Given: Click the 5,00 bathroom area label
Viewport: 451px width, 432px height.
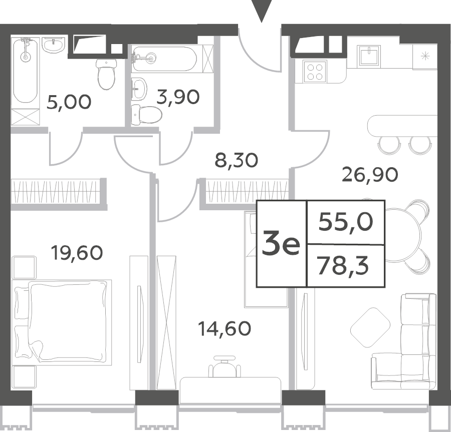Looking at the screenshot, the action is (69, 102).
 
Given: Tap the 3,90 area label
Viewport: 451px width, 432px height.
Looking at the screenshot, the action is (178, 97).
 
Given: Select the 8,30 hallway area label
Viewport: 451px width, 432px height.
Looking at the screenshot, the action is (237, 160).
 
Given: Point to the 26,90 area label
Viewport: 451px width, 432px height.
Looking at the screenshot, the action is (370, 174).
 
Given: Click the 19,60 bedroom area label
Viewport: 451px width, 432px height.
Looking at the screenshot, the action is (77, 252).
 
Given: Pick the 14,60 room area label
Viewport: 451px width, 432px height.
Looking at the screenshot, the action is (224, 328).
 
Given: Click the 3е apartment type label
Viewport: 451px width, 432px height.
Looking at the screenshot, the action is (281, 244).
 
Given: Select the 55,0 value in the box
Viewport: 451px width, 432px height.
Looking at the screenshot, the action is (346, 222).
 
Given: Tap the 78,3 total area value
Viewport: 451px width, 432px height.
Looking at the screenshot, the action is (342, 266).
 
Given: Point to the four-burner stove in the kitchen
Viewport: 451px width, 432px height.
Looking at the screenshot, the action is (315, 72).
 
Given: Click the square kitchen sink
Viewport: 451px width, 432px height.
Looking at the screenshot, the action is (369, 56).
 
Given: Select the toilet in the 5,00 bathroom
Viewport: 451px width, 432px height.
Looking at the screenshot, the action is (106, 75).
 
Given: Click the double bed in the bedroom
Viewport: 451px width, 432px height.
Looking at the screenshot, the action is (62, 322).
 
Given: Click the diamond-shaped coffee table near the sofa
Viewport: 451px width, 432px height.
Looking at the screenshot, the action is (370, 328).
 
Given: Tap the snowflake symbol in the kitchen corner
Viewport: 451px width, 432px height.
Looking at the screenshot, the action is (425, 56).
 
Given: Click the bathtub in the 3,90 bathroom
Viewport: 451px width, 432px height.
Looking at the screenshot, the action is (164, 59).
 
